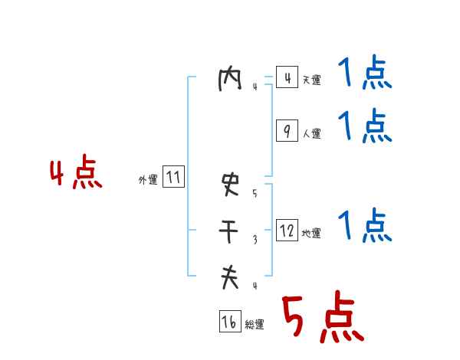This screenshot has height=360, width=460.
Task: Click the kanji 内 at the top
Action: [230, 80]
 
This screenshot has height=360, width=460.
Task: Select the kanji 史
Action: [230, 184]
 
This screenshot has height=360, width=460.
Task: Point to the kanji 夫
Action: [230, 277]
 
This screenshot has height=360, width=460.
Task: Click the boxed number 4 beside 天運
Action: [287, 78]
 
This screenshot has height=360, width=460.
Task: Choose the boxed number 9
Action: [287, 131]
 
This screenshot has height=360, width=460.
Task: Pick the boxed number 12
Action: [287, 230]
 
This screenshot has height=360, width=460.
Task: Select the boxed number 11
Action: [173, 178]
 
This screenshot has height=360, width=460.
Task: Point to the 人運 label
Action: [311, 133]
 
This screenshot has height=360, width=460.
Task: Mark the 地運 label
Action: [311, 233]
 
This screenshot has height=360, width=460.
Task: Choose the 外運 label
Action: [148, 180]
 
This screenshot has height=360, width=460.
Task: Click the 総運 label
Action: [255, 325]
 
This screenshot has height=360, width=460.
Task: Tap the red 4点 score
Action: [75, 175]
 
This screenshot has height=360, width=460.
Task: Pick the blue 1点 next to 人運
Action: [364, 126]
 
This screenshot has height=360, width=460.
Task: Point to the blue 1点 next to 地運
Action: [364, 227]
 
